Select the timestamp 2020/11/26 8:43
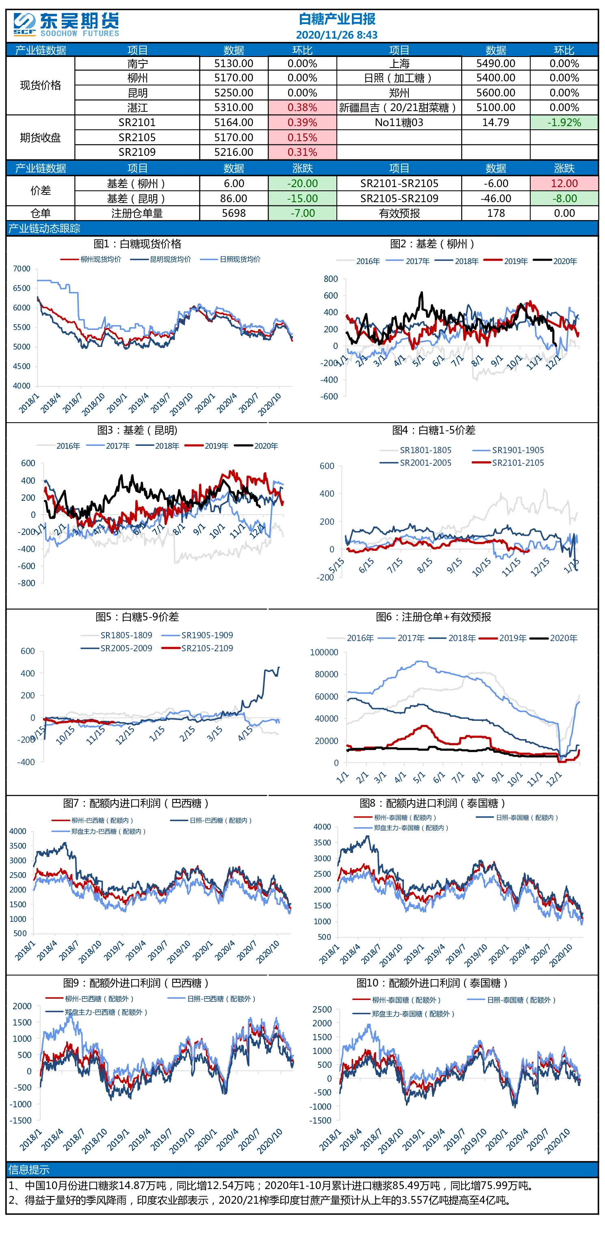coord(337,35)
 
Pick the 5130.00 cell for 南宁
coord(234,63)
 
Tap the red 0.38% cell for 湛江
coord(302,107)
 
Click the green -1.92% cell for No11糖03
coord(564,122)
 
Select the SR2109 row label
coord(137,152)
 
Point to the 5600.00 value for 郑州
coord(496,92)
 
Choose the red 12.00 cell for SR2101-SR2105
coord(564,183)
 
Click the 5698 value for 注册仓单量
coord(234,213)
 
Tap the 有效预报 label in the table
coord(399,213)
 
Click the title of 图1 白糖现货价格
coord(137,244)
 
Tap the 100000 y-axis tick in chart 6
coord(324,652)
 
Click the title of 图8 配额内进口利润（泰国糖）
coord(432,803)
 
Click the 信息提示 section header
coord(29,1170)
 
